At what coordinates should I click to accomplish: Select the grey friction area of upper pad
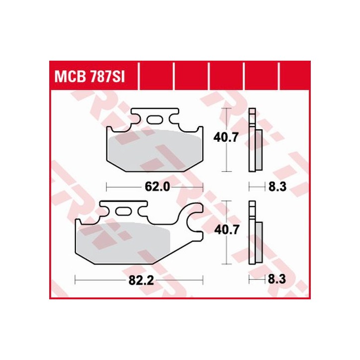point(155,152)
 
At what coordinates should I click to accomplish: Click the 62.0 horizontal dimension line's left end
point(108,187)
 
